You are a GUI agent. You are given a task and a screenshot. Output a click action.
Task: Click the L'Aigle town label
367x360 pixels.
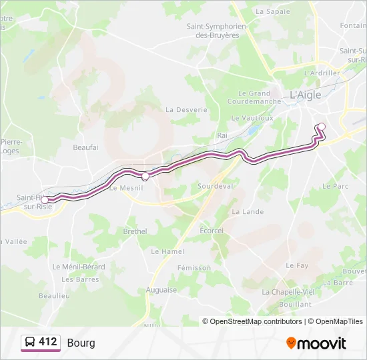[x=305, y=95]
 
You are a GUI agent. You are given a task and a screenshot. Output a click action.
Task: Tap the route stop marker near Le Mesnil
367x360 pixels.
[x=145, y=176]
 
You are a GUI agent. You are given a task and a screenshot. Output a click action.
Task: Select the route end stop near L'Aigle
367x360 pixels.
[x=321, y=127]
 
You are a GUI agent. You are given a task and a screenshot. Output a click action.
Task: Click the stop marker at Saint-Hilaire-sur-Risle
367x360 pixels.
[x=45, y=199]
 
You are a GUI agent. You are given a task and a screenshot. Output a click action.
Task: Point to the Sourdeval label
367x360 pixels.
[x=215, y=186]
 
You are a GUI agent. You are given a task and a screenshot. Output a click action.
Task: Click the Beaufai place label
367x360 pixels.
[x=85, y=147]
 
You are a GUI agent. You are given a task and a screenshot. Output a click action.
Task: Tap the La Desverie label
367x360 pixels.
[x=186, y=109]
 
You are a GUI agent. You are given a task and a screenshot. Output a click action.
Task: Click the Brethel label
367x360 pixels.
[x=135, y=231]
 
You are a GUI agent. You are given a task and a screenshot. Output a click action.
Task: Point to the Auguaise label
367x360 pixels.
[x=161, y=290]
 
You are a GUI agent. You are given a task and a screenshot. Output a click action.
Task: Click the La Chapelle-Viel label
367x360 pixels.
[x=288, y=292]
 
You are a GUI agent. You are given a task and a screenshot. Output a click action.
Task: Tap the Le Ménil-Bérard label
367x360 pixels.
[x=79, y=267]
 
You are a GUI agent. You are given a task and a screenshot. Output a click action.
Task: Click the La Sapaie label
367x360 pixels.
[x=273, y=11]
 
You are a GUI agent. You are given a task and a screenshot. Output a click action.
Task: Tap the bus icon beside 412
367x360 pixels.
[x=30, y=343]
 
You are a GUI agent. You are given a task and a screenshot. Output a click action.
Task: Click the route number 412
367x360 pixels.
[x=48, y=342]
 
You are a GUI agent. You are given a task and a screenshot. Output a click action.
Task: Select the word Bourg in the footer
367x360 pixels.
[x=81, y=343]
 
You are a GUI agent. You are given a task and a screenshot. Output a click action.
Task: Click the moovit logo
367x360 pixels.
[x=316, y=343]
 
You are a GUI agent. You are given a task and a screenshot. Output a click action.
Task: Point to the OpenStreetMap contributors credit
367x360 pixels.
[x=252, y=321]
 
